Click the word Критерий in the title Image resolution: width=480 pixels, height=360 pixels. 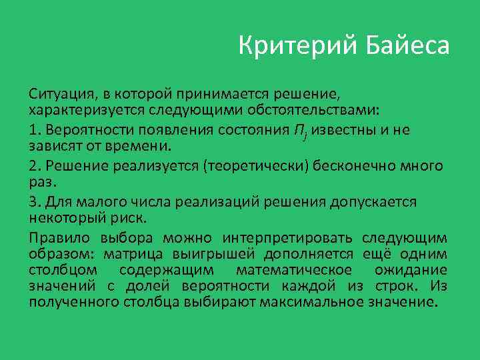coord(297,47)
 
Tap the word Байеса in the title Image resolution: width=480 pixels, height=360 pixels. coord(408,47)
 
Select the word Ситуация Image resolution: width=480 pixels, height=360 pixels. coord(57,93)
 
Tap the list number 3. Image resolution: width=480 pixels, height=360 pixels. coord(33,201)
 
